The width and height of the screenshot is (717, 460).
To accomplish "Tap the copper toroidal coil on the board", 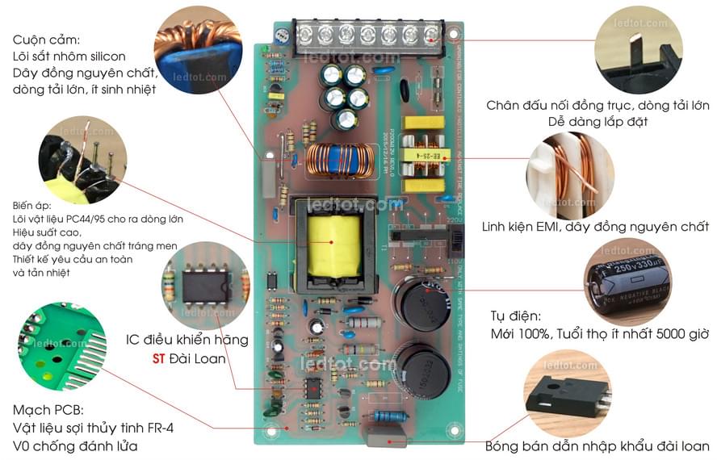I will [340, 161].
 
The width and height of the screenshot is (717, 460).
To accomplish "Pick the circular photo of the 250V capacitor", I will [627, 282].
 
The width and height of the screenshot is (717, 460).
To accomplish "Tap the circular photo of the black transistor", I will [565, 393].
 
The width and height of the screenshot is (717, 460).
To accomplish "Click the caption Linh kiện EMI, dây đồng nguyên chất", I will [595, 227].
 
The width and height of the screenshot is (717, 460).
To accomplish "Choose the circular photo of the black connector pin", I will [637, 50].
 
